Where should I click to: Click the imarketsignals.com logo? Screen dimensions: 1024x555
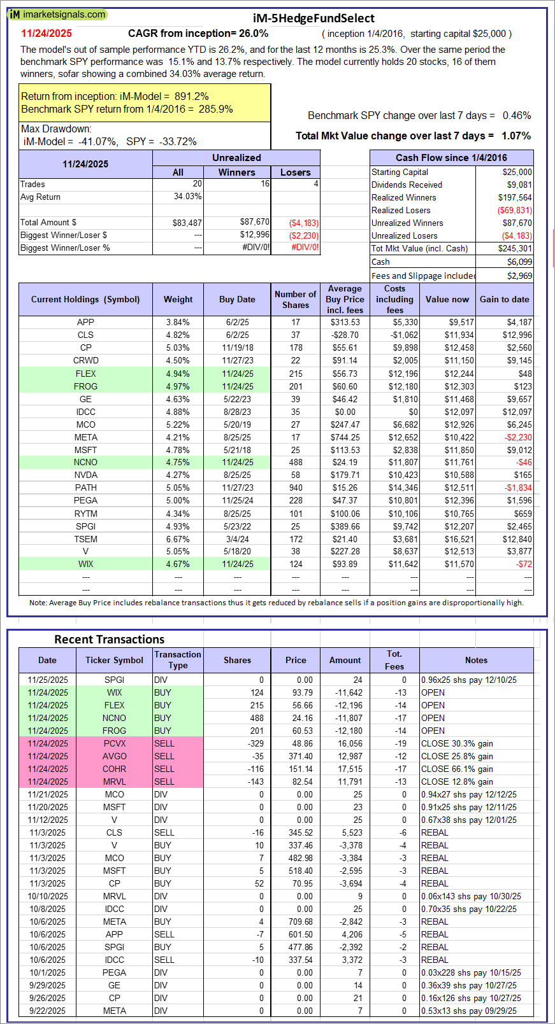pyautogui.click(x=57, y=14)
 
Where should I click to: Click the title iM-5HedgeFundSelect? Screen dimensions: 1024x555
pyautogui.click(x=314, y=18)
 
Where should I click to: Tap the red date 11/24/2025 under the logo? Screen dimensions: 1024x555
pyautogui.click(x=47, y=34)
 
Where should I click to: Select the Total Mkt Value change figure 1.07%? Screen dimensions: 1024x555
pyautogui.click(x=516, y=136)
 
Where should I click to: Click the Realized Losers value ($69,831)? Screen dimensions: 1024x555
pyautogui.click(x=515, y=210)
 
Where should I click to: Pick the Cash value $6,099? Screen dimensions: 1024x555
pyautogui.click(x=519, y=262)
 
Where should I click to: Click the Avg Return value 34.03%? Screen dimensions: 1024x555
pyautogui.click(x=187, y=197)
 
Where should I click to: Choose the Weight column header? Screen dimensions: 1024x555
pyautogui.click(x=178, y=299)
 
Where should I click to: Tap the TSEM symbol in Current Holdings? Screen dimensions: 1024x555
pyautogui.click(x=85, y=539)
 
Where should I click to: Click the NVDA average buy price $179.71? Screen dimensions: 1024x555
pyautogui.click(x=345, y=475)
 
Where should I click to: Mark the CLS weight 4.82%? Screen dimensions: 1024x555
pyautogui.click(x=178, y=335)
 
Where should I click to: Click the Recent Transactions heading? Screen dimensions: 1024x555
pyautogui.click(x=109, y=640)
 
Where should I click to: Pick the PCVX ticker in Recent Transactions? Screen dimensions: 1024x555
pyautogui.click(x=115, y=743)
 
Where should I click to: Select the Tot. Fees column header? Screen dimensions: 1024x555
pyautogui.click(x=394, y=660)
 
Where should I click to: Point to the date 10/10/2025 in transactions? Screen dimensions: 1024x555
pyautogui.click(x=47, y=896)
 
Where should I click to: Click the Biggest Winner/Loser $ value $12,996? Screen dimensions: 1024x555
pyautogui.click(x=254, y=235)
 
